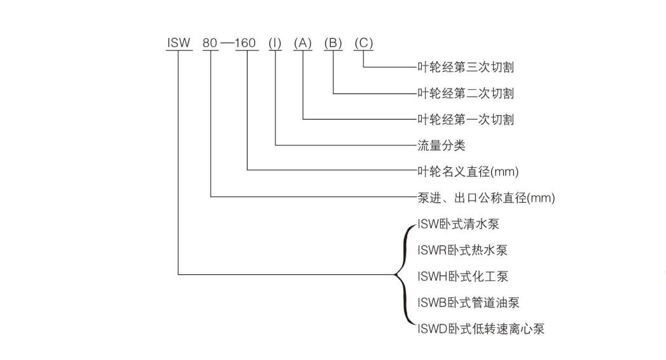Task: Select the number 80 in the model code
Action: pyautogui.click(x=210, y=43)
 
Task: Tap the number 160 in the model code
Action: pyautogui.click(x=246, y=43)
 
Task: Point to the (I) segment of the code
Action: pyautogui.click(x=275, y=43)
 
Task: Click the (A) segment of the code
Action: pyautogui.click(x=303, y=43)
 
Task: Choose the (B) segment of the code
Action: pyautogui.click(x=333, y=43)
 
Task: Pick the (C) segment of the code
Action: pyautogui.click(x=363, y=43)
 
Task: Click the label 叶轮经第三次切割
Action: pyautogui.click(x=465, y=67)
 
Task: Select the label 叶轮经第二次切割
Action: pyautogui.click(x=465, y=93)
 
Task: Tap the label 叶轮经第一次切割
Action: pyautogui.click(x=465, y=119)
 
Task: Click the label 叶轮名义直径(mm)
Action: pyautogui.click(x=470, y=172)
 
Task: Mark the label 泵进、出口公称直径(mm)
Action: pyautogui.click(x=486, y=198)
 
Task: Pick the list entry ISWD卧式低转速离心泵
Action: pyautogui.click(x=480, y=329)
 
